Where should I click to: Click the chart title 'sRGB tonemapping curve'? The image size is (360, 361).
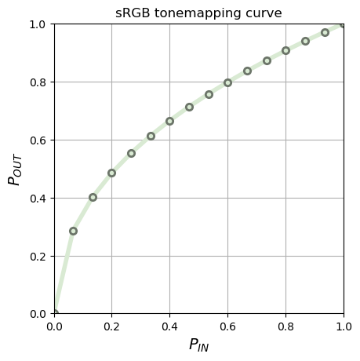(198, 13)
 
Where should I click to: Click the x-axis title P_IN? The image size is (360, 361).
(198, 345)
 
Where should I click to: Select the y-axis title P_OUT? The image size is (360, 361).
(14, 169)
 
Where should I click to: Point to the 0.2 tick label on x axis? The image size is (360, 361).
(111, 324)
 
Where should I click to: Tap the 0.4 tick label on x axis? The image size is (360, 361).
(169, 324)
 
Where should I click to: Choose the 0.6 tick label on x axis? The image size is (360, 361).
(227, 324)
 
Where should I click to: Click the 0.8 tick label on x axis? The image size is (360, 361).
(285, 324)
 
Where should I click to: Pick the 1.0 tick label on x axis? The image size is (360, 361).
(343, 324)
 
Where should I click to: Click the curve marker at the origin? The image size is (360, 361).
(54, 313)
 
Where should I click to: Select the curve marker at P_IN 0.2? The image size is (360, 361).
(111, 173)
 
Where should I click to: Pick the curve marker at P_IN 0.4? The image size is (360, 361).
(169, 121)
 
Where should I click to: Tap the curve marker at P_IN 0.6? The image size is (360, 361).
(227, 82)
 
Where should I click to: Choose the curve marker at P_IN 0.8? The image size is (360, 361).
(285, 50)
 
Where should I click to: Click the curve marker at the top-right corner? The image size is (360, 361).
(344, 24)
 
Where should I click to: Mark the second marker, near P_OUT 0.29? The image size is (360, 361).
(73, 231)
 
